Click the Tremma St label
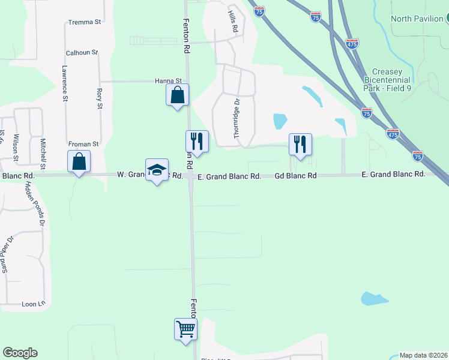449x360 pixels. pos(85,22)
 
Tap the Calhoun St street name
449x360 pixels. pos(82,53)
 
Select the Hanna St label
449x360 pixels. pos(168,81)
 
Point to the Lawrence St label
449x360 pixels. pos(64,83)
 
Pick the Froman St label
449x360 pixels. pos(83,145)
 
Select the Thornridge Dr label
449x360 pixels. pos(237,119)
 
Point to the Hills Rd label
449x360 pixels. pos(233,21)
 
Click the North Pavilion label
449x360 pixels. pos(417,19)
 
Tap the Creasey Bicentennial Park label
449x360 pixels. pos(387,80)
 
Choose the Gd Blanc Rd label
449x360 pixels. pos(295,176)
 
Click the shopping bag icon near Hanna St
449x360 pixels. pos(177,95)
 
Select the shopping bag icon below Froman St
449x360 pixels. pos(79,161)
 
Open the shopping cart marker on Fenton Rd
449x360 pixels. pos(186,328)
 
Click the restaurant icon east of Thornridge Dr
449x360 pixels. pos(300,145)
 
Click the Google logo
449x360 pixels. pos(20,353)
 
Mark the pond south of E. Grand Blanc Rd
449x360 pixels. pos(374,299)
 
